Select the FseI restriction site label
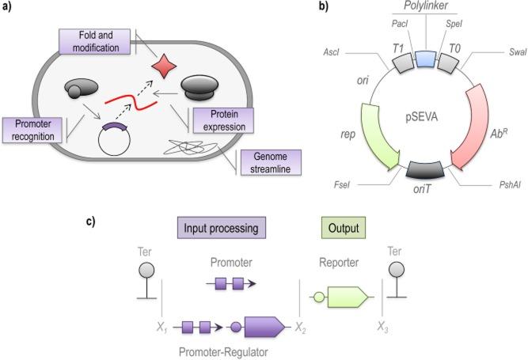tap(342, 189)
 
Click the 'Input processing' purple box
tap(221, 229)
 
